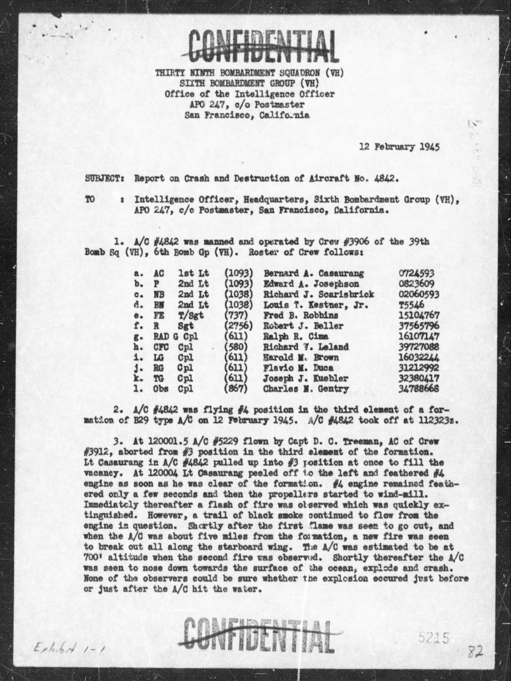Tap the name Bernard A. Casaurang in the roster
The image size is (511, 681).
click(x=313, y=273)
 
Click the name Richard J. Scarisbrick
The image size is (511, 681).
click(x=319, y=294)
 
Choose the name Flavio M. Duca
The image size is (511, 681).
click(x=298, y=368)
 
